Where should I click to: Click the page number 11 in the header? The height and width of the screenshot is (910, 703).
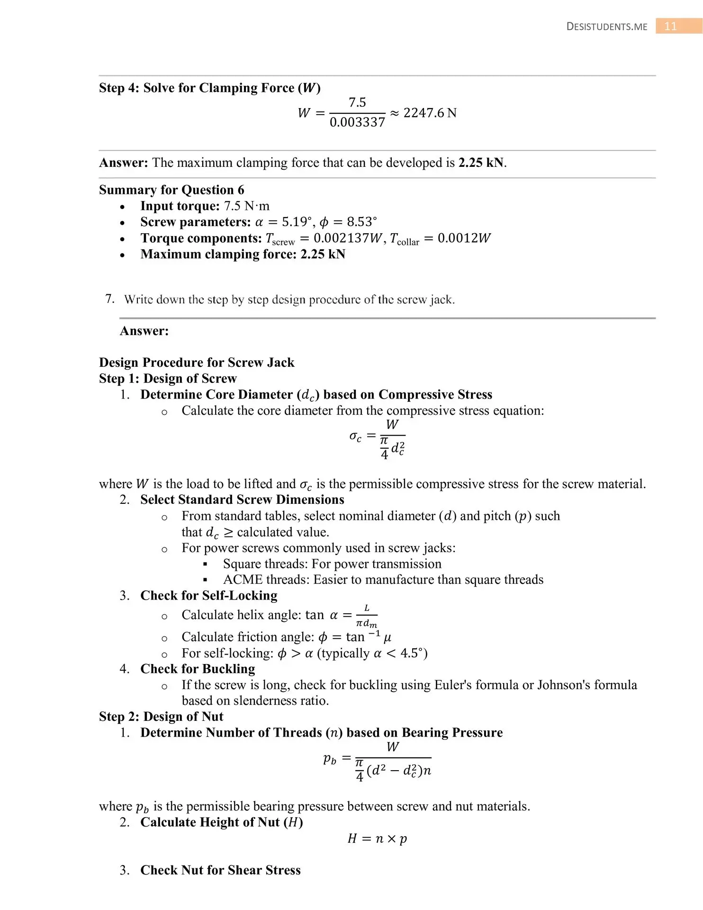670,26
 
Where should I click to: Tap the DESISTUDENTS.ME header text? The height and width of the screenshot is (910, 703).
607,27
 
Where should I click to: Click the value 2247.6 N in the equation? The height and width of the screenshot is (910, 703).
430,113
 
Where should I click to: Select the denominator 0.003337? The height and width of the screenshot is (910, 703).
357,122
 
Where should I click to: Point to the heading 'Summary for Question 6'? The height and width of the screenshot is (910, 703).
171,190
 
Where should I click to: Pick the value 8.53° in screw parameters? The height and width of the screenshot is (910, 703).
362,222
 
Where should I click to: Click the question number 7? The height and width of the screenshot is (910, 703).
109,299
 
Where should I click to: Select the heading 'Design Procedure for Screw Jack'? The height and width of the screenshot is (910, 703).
197,363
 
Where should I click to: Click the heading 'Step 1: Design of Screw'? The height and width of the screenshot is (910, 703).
168,379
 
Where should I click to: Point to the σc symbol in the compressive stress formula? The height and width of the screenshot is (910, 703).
355,436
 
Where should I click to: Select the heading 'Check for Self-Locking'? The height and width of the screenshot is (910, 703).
209,596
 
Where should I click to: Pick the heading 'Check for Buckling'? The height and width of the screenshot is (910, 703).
198,669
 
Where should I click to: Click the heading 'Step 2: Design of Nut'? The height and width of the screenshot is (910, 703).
161,717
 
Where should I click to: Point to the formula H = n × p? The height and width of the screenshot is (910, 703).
377,838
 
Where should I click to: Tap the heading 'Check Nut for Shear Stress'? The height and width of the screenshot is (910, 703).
220,870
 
